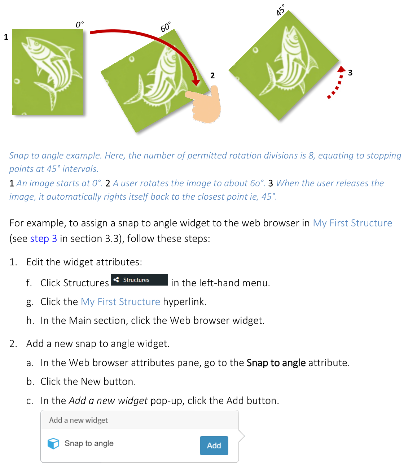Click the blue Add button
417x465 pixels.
point(214,446)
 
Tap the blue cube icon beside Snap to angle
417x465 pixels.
point(53,443)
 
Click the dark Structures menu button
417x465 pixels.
point(139,280)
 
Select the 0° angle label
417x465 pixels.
point(80,25)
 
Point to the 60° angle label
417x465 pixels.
point(166,27)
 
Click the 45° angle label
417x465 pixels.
point(281,10)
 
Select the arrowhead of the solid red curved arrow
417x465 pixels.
point(196,82)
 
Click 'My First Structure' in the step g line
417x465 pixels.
point(120,301)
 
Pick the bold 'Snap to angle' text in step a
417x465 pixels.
point(276,362)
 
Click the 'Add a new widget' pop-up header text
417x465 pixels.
point(78,420)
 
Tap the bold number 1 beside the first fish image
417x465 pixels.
point(6,37)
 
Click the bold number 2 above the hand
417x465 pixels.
point(212,75)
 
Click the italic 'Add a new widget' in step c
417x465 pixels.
point(108,400)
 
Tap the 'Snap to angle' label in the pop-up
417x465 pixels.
point(89,443)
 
